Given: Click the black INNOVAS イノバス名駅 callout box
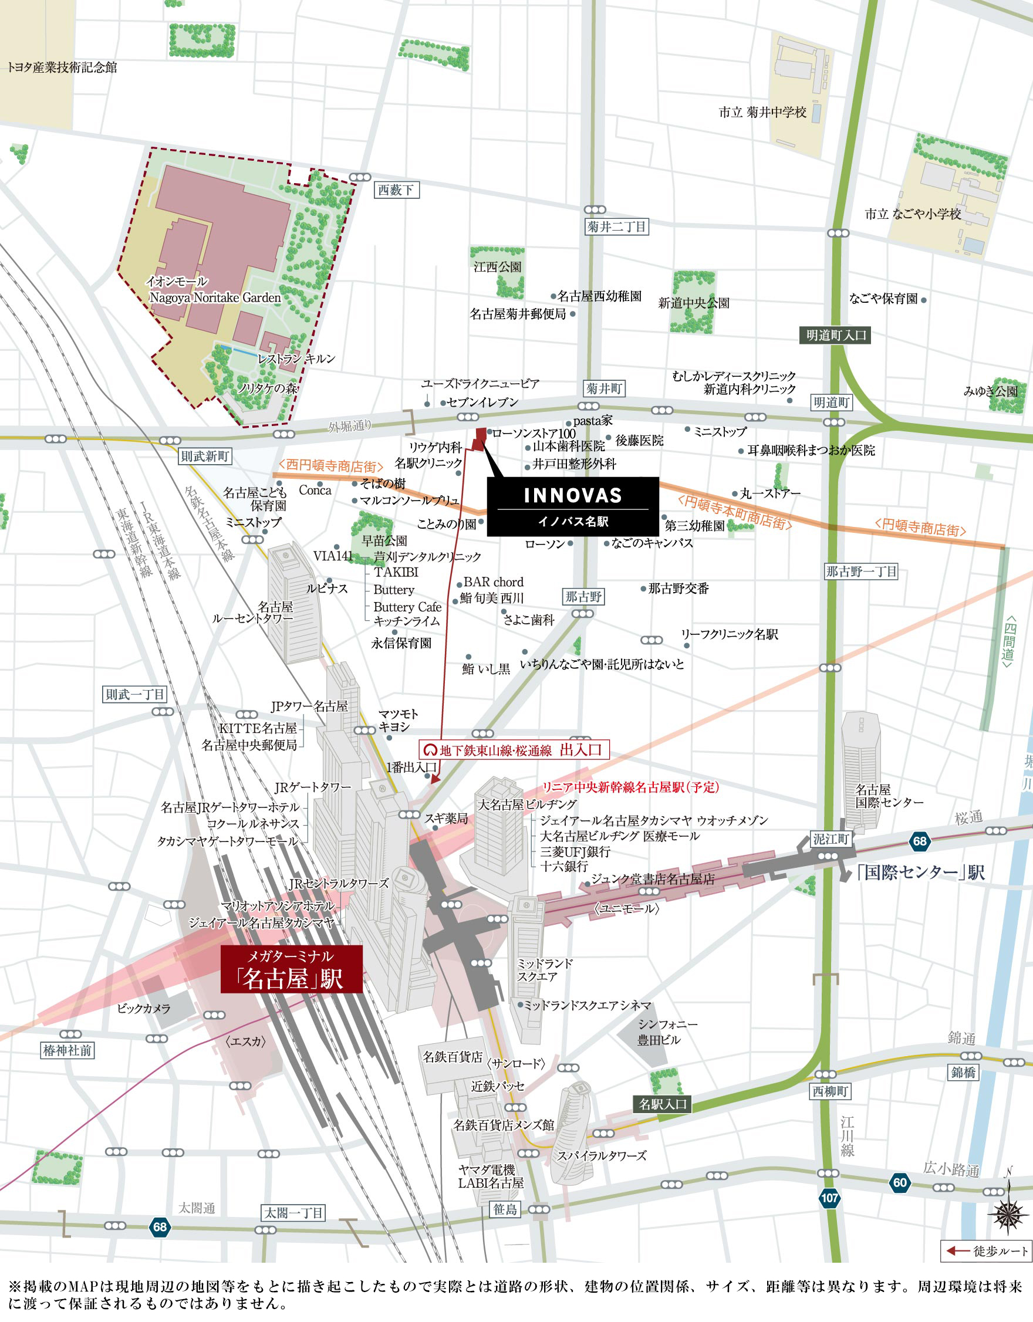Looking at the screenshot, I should click(572, 506).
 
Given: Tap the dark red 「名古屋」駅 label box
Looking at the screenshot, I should click(291, 969).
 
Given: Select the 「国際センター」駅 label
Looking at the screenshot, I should click(920, 873).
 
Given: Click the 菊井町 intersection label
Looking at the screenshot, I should click(604, 388).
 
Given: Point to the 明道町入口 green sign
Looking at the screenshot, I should click(836, 336).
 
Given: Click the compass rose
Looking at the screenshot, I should click(1008, 1213).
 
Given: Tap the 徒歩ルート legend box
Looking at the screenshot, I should click(987, 1251).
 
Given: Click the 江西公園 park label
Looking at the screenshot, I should click(497, 267).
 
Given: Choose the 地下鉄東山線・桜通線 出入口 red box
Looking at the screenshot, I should click(514, 750).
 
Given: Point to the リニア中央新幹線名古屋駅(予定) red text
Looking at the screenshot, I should click(630, 787).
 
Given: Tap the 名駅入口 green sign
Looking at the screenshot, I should click(663, 1104).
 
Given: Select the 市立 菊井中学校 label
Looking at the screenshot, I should click(762, 113).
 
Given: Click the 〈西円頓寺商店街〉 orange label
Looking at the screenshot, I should click(330, 466).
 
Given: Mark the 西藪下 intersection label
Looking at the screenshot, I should click(396, 190).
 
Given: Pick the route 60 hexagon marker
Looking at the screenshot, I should click(900, 1182).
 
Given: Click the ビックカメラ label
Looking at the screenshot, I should click(144, 1009).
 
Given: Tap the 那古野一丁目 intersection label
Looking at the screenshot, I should click(860, 572).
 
